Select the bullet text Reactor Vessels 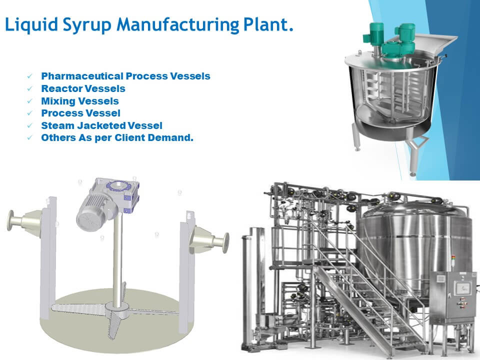[x=83, y=88]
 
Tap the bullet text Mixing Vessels [x=80, y=101]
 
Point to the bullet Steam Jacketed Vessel [x=101, y=125]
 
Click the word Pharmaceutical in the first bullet [x=81, y=76]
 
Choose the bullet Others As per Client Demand [x=117, y=137]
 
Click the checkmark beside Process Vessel [x=30, y=113]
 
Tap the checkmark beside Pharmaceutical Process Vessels [x=30, y=76]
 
